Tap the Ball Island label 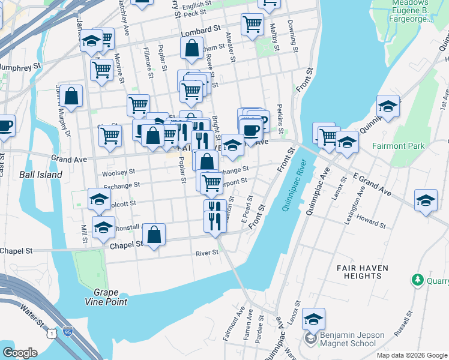tap(40, 175)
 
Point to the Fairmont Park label tap(398, 146)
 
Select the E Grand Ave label tap(372, 184)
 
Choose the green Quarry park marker tap(417, 280)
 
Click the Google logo tap(19, 353)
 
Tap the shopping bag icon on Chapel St tap(154, 235)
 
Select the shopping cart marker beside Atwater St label tap(252, 25)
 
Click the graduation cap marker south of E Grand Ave tap(425, 201)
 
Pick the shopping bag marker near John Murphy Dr tap(71, 96)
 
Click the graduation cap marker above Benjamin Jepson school tap(313, 318)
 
